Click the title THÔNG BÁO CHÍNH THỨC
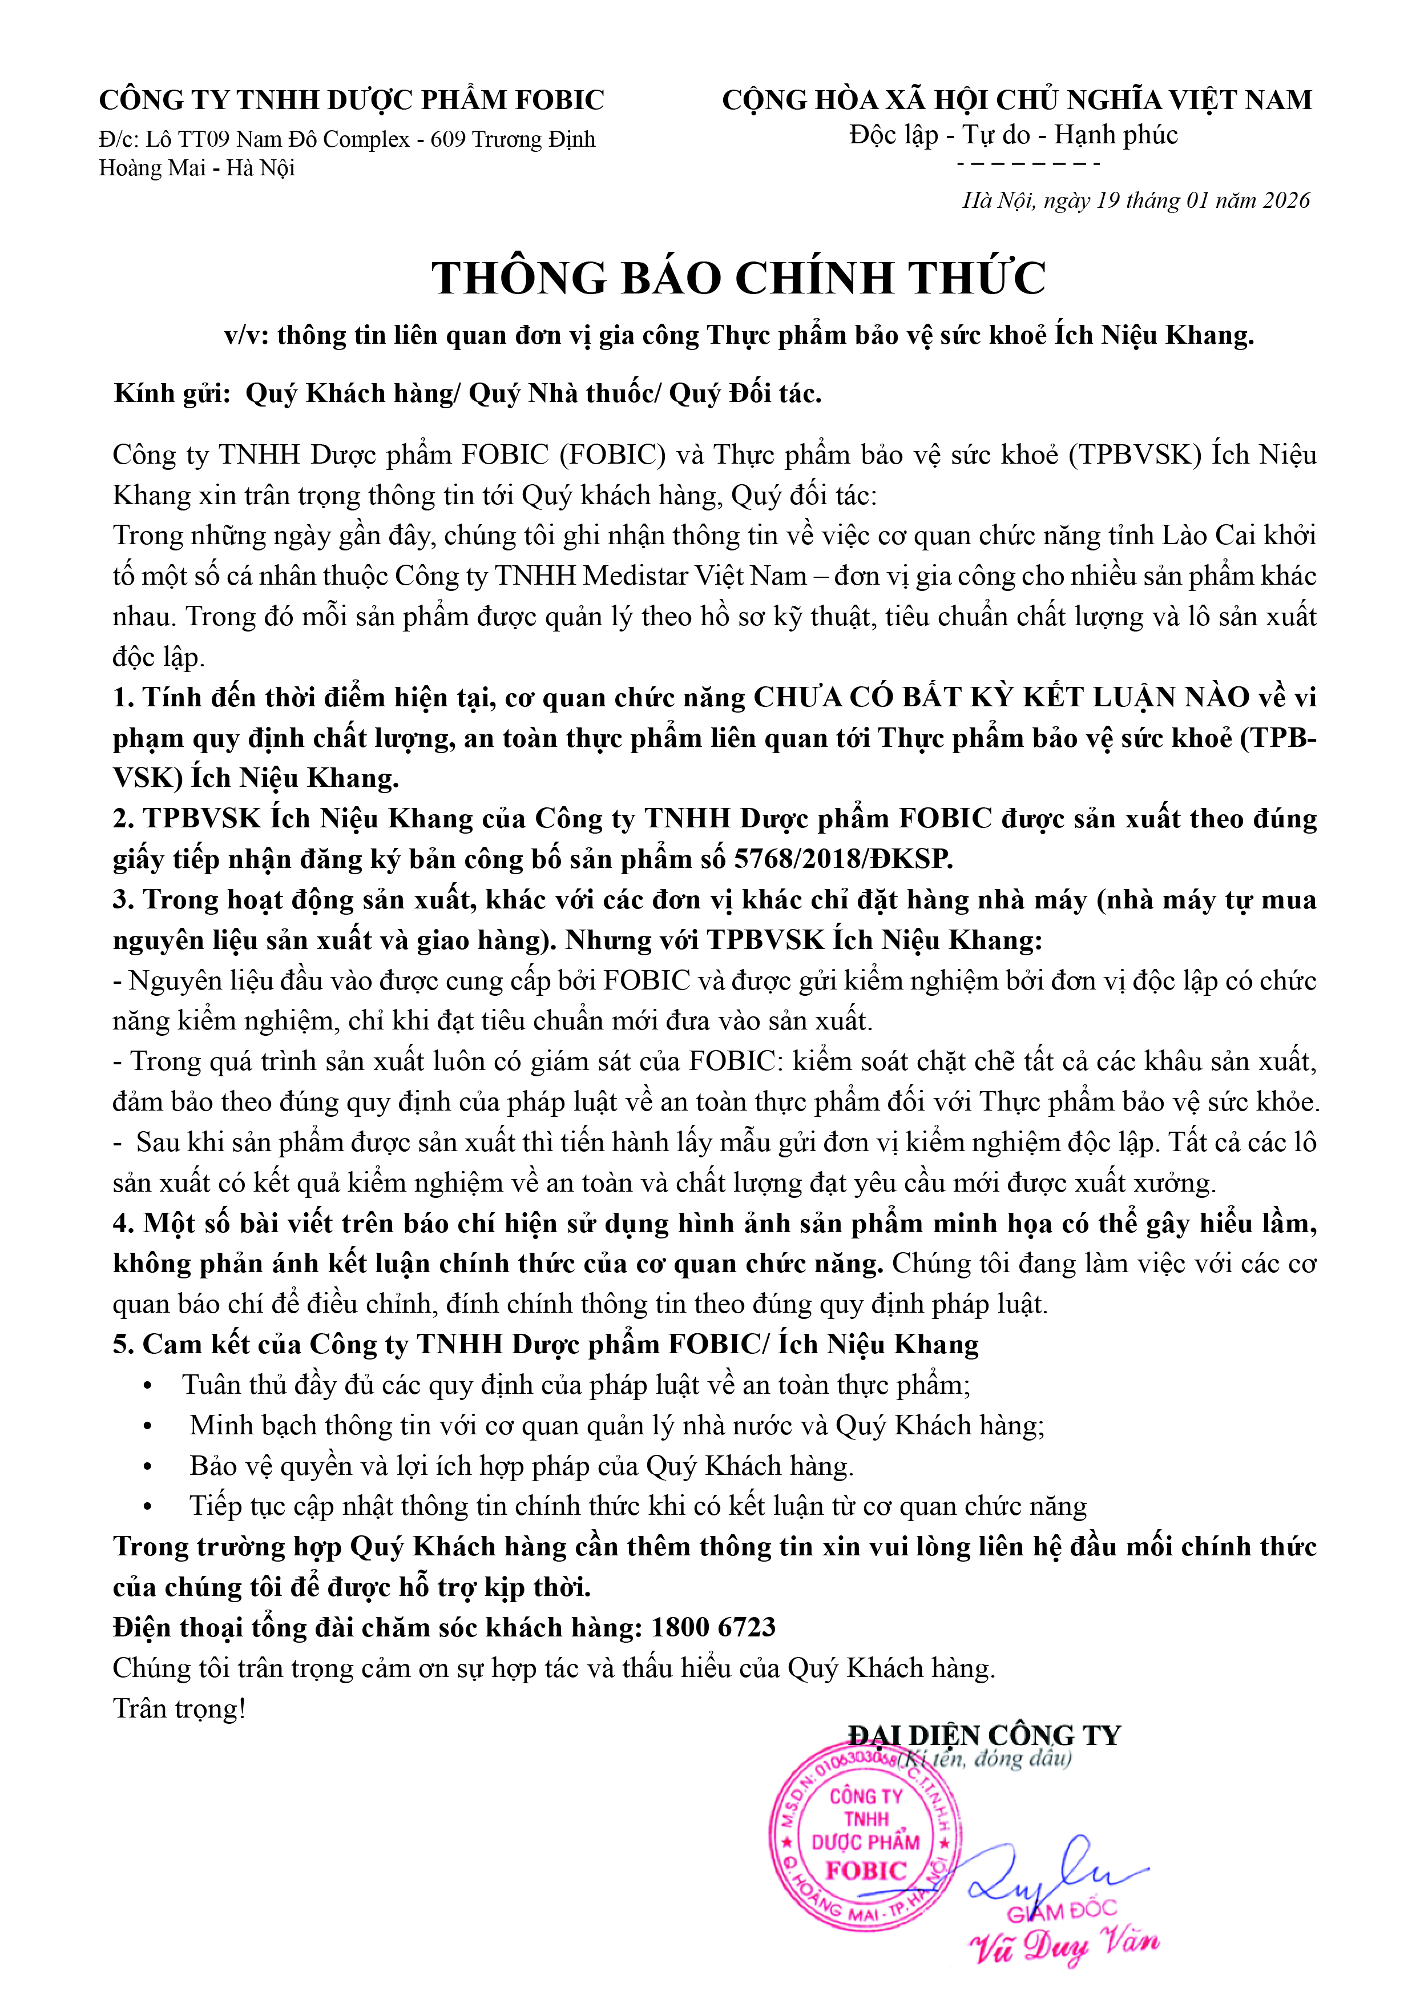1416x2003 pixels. (739, 278)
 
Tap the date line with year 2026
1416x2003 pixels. (1135, 200)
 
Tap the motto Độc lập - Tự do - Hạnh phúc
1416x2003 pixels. (1013, 135)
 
